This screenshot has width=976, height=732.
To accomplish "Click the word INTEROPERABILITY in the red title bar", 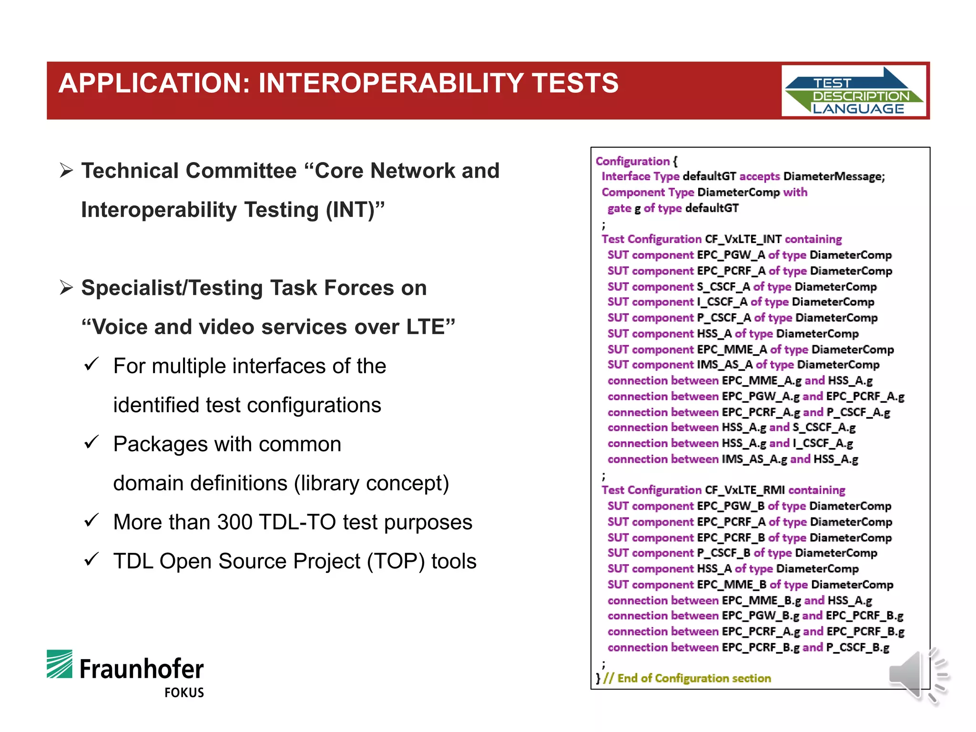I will (x=390, y=83).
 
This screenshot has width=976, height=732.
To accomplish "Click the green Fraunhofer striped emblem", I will (x=60, y=664).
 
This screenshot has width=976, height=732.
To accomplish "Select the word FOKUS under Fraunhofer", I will (x=184, y=692).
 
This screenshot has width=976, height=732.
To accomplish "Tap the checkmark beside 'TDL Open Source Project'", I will (x=91, y=559).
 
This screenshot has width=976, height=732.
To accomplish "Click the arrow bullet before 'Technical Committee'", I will (x=66, y=170).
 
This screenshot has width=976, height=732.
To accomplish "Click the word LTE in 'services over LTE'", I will (x=425, y=327).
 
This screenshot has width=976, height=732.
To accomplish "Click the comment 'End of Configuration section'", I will (x=694, y=678).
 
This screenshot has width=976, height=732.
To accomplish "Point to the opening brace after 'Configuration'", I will (x=675, y=161).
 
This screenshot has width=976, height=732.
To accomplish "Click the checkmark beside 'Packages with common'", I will (x=91, y=442).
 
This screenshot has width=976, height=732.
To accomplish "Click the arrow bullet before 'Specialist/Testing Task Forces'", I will (x=66, y=287).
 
